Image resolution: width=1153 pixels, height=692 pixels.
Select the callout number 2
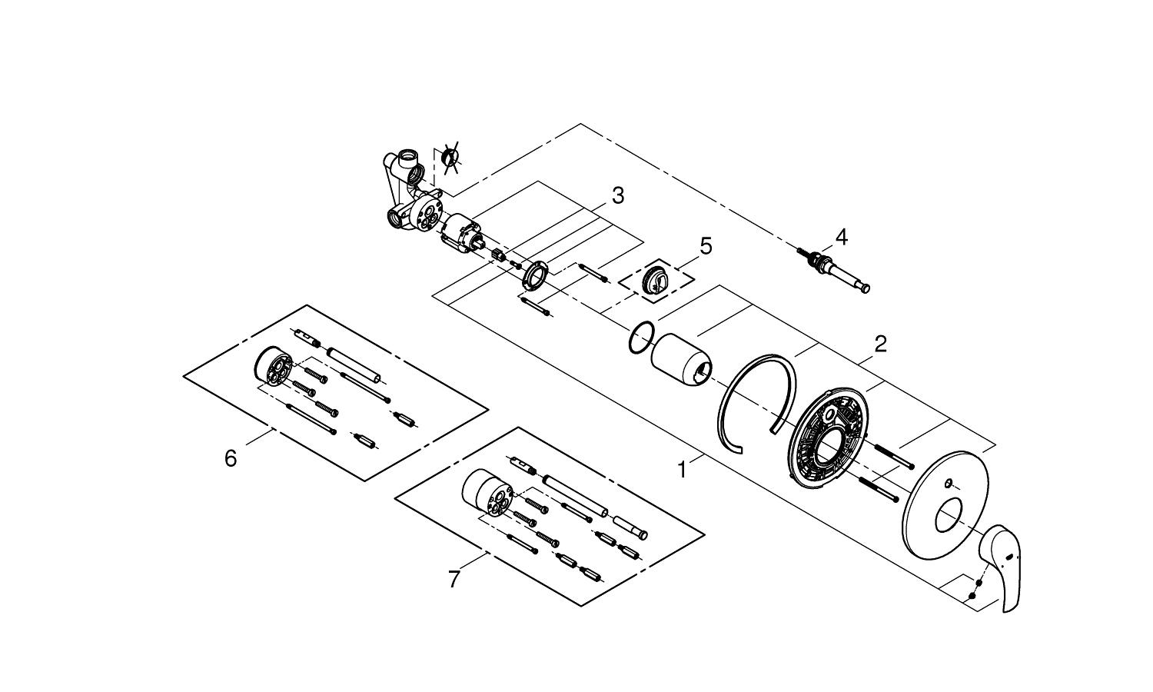880,344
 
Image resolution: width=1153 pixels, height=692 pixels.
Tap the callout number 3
618,196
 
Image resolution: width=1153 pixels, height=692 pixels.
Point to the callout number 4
841,238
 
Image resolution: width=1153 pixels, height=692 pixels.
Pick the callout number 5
706,247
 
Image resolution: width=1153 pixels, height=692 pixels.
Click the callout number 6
231,458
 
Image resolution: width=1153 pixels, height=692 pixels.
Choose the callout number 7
454,579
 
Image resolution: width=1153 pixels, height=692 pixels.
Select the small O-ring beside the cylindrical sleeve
641,338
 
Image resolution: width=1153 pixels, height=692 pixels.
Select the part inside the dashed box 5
656,278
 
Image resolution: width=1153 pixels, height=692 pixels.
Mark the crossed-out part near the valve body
450,157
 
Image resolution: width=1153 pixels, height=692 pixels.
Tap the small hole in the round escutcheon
949,484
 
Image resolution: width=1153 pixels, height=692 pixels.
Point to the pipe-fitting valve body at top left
407,196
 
